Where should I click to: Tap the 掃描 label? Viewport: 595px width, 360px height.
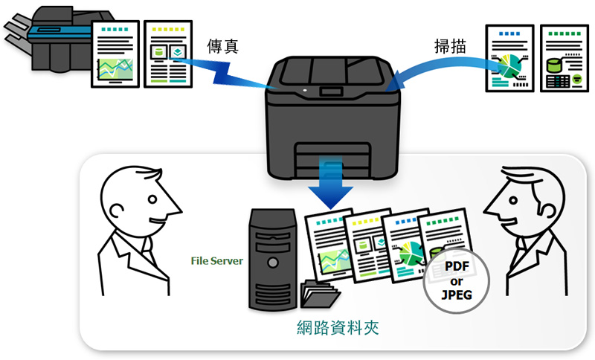pyautogui.click(x=450, y=45)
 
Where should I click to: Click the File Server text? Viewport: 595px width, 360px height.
pyautogui.click(x=217, y=260)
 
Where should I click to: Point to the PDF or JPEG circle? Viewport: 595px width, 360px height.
pyautogui.click(x=457, y=280)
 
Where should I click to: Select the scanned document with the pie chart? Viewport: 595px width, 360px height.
pyautogui.click(x=510, y=58)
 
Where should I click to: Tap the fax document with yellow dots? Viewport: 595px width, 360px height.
pyautogui.click(x=167, y=53)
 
